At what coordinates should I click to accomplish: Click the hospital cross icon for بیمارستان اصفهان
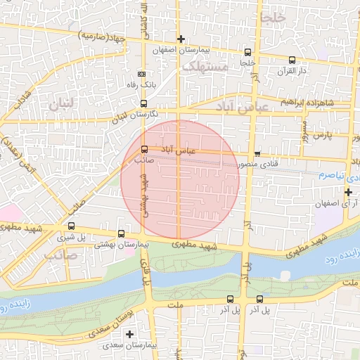click(x=181, y=39)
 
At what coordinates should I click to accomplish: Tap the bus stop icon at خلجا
click(x=247, y=52)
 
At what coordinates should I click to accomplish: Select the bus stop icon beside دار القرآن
click(x=292, y=60)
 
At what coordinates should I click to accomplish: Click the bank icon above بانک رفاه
click(x=142, y=74)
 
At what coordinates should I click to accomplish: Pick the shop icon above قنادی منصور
click(x=257, y=154)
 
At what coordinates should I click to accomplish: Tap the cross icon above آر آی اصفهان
click(x=348, y=191)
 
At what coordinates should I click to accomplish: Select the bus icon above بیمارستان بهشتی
click(x=121, y=233)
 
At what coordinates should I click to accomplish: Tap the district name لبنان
click(x=61, y=108)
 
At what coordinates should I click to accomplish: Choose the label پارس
click(x=321, y=134)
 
